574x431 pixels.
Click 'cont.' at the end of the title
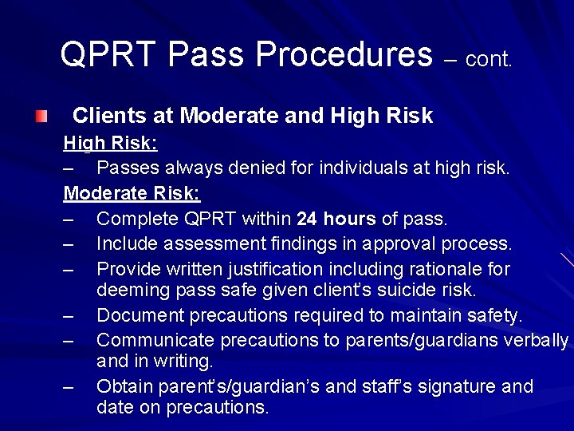pos(489,59)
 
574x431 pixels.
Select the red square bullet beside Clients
pos(41,117)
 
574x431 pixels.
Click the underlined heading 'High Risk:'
pos(110,143)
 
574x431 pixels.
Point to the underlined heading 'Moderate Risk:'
pos(132,193)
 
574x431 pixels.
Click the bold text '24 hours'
pos(336,218)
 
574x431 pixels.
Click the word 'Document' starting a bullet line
pos(140,315)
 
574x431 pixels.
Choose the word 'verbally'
pos(536,340)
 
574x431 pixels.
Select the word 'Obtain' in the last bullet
pos(123,386)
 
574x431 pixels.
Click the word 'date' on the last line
pos(114,406)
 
